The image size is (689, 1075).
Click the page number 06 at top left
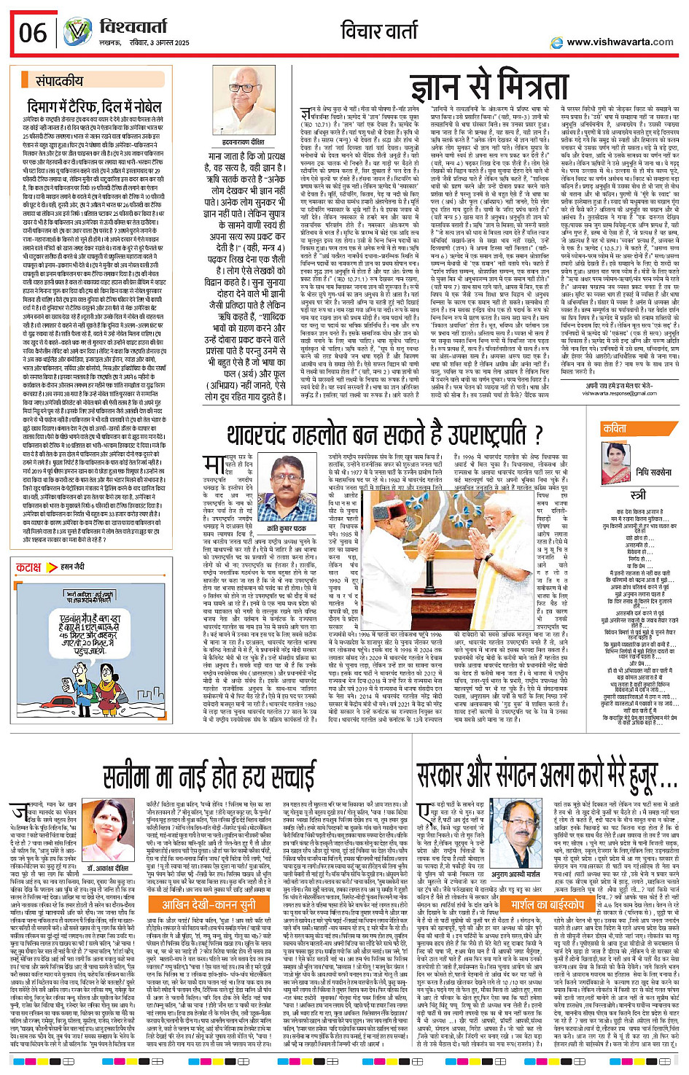[x=33, y=33]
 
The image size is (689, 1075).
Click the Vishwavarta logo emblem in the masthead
[x=77, y=33]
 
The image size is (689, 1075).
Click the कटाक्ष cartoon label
[x=28, y=567]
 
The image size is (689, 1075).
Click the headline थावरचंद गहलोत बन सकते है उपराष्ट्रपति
[x=385, y=435]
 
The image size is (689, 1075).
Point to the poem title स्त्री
[x=638, y=495]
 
